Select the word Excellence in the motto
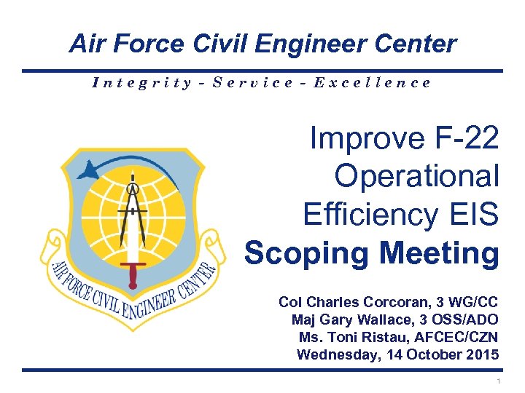(x=373, y=82)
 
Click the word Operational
(x=416, y=176)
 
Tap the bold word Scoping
(x=308, y=254)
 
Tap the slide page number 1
(x=497, y=382)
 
